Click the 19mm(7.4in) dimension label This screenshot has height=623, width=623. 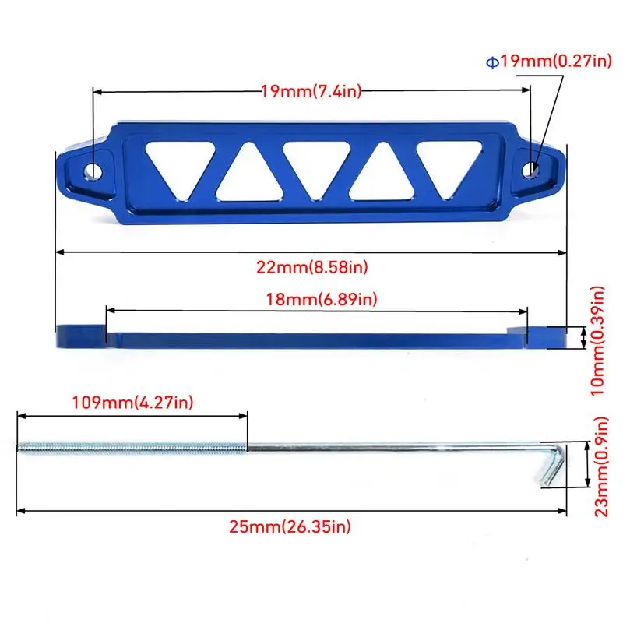(311, 91)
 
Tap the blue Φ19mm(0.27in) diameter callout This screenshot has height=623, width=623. (549, 62)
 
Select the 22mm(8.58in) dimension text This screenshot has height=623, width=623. (312, 267)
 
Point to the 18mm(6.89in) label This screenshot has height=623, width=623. (321, 299)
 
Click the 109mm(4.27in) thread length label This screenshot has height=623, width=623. (132, 403)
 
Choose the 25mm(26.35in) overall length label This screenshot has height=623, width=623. (290, 527)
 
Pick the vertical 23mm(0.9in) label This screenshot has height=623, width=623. (600, 466)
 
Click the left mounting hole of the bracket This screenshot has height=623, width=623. (93, 171)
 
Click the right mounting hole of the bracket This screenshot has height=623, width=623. (530, 170)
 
